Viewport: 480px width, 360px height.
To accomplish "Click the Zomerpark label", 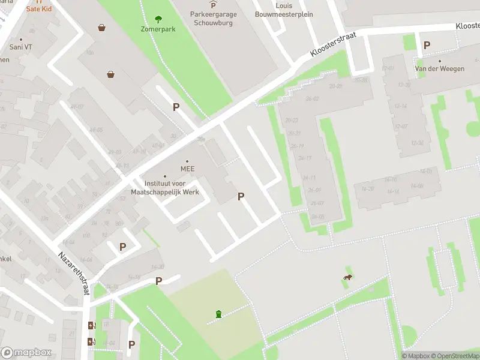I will coord(158,29).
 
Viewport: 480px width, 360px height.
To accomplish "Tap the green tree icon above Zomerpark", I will coord(158,19).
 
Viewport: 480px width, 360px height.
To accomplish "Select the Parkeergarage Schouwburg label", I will coord(214,19).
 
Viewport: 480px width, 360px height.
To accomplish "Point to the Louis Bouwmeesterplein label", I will coord(284,10).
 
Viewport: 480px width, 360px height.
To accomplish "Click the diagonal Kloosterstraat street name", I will coord(333,45).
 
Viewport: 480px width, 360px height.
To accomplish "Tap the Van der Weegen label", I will coord(440,69).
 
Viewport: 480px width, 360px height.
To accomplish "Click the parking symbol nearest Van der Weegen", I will coord(427,45).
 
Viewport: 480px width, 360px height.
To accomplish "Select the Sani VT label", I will coord(20,47).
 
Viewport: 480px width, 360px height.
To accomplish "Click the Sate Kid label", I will coord(38,10).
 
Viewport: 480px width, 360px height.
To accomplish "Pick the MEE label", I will coord(187,169).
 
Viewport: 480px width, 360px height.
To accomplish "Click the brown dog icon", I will coord(347,277).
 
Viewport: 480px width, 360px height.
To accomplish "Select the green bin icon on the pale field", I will coord(218,313).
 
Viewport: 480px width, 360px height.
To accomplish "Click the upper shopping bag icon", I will coord(102,27).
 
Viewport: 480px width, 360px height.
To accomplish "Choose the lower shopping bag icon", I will coord(111,74).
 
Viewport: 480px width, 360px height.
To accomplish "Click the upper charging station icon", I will coord(91,326).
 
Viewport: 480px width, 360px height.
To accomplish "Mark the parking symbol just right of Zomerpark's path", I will coord(176,107).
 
